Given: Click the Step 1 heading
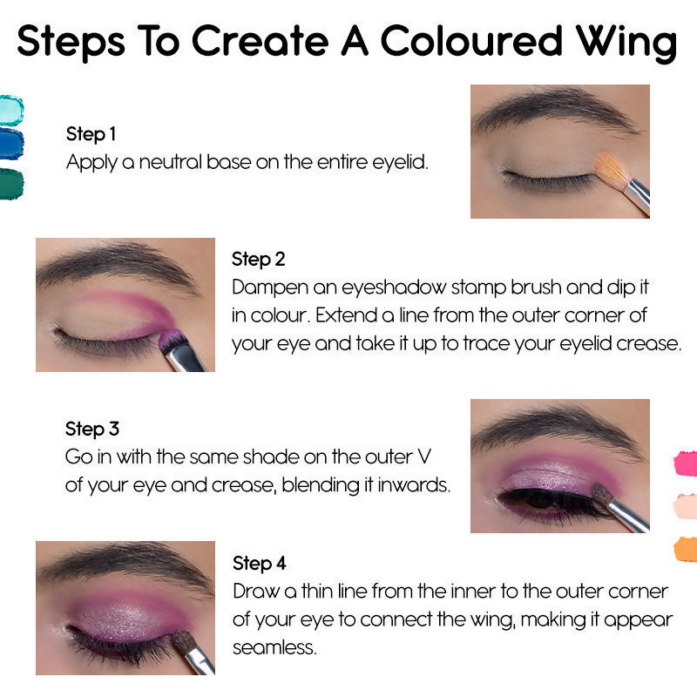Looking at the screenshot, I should click(x=91, y=134).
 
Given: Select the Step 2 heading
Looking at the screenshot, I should click(x=258, y=259).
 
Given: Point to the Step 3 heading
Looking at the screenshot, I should click(x=91, y=429).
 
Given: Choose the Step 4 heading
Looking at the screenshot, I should click(x=259, y=563).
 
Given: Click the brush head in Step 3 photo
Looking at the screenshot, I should click(x=602, y=495).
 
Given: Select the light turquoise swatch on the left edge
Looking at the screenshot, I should click(x=10, y=109).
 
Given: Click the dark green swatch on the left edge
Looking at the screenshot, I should click(x=10, y=184).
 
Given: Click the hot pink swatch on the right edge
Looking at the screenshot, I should click(x=687, y=464).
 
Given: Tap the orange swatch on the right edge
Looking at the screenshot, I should click(x=687, y=549).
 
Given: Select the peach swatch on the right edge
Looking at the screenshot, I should click(x=687, y=506).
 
